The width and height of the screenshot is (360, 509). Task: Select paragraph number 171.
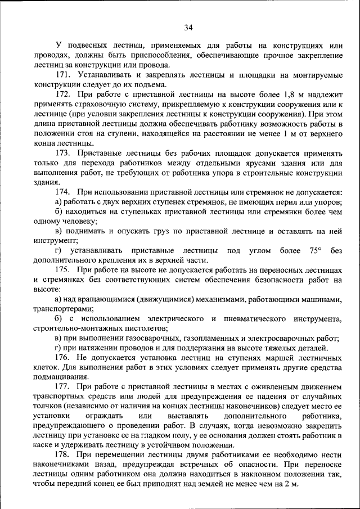pyautogui.click(x=63, y=75)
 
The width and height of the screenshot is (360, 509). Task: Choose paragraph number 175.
pyautogui.click(x=63, y=270)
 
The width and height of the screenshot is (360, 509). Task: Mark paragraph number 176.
pyautogui.click(x=63, y=358)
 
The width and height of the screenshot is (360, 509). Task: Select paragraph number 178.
pyautogui.click(x=63, y=455)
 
